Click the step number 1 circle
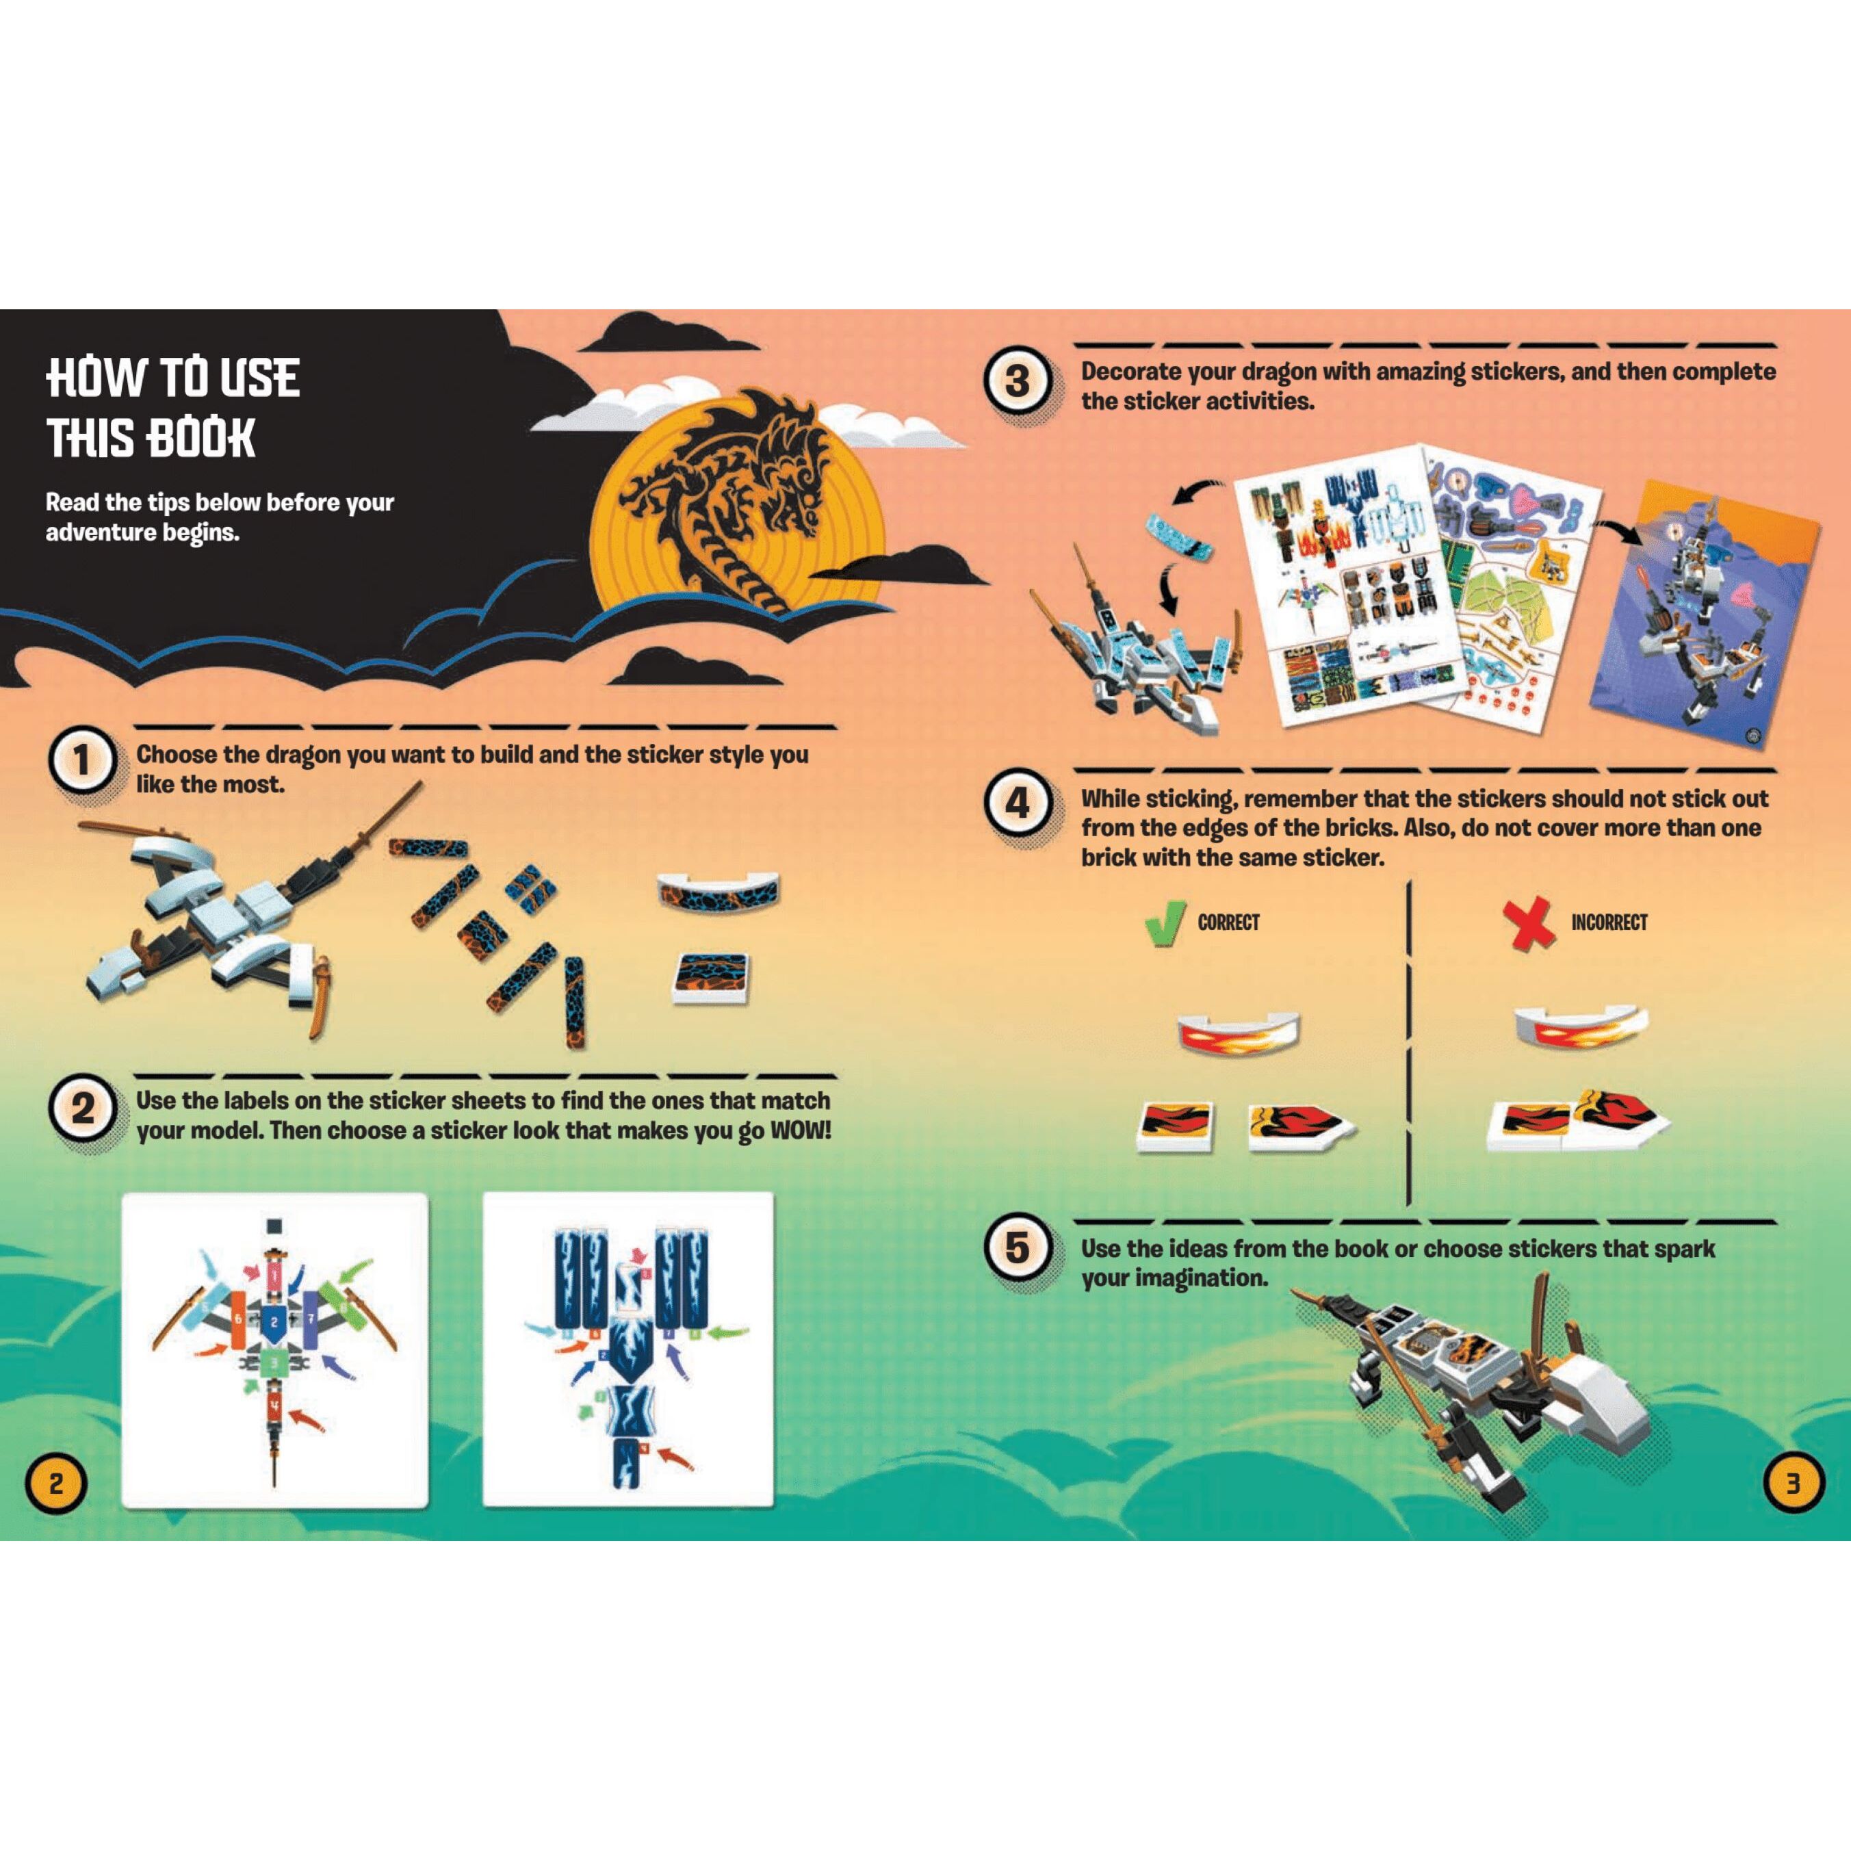tap(81, 762)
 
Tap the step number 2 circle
tap(81, 1109)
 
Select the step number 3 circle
tap(1018, 381)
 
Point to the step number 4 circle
tap(1018, 803)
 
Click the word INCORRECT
tap(1609, 922)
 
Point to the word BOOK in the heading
tap(201, 439)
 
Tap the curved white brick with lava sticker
tap(719, 891)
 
